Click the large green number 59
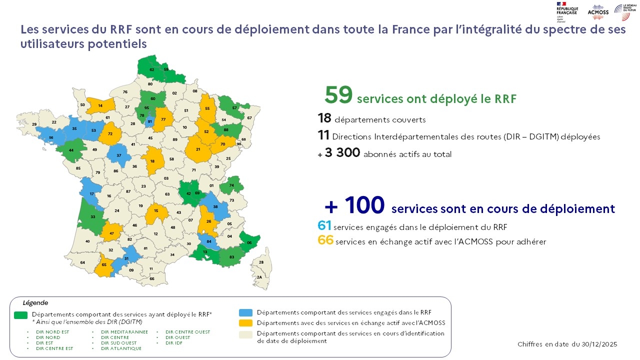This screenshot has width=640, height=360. [339, 95]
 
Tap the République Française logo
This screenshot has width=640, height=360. [566, 11]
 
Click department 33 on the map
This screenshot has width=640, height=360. [93, 216]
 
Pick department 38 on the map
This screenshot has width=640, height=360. [215, 206]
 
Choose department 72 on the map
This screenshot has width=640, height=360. [110, 134]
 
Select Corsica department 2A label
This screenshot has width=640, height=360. [259, 277]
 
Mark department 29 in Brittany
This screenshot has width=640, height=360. [34, 124]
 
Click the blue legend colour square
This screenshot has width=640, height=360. [245, 312]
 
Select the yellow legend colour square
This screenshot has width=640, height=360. [245, 323]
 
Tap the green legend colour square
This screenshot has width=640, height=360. [20, 314]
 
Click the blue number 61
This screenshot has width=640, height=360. [324, 226]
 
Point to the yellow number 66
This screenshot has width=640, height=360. [325, 240]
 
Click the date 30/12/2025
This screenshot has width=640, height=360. [599, 344]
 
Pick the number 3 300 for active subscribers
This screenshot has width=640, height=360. [342, 153]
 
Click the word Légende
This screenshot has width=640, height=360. [35, 303]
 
